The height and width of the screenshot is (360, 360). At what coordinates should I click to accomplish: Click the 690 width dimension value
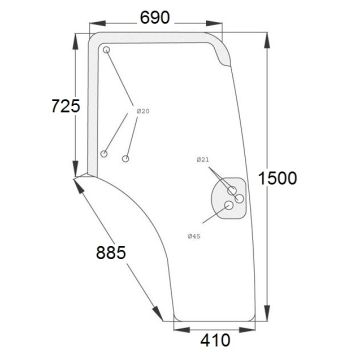[155, 18]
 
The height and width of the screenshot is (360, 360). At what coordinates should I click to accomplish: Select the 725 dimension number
[66, 106]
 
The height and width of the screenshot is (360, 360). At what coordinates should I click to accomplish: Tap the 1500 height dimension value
[278, 179]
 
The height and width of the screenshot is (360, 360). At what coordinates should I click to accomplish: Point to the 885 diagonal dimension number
[111, 253]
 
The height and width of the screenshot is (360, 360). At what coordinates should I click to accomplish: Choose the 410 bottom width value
[215, 341]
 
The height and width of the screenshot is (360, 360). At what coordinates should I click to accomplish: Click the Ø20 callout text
[143, 111]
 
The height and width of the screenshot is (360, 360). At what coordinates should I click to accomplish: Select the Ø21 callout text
[203, 160]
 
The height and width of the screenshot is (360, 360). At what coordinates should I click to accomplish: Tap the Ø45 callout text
[194, 236]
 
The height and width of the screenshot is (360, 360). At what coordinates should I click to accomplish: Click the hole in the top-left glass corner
[106, 50]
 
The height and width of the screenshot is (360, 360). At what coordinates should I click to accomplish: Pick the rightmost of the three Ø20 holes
[125, 159]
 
